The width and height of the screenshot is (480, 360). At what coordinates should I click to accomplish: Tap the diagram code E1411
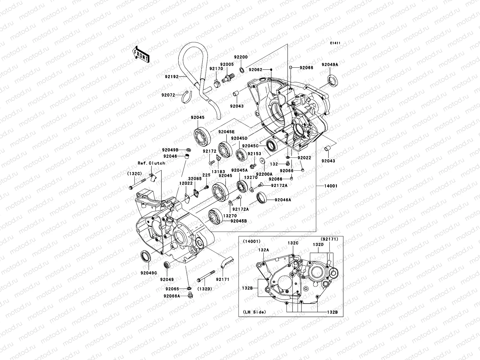tap(335, 43)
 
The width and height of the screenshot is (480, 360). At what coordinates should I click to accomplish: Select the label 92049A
tap(330, 64)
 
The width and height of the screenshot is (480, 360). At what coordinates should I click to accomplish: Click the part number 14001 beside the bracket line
tap(331, 186)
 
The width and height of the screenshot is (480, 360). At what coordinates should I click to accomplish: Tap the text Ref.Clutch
tap(151, 163)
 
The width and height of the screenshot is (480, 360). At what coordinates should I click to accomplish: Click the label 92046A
tap(283, 199)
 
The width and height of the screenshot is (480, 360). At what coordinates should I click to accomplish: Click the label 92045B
tap(238, 221)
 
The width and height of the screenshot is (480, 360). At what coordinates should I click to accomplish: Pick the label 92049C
tap(149, 273)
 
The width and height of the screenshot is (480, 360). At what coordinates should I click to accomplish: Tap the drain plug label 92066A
tap(172, 296)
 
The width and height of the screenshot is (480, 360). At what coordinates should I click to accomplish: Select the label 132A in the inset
tap(263, 250)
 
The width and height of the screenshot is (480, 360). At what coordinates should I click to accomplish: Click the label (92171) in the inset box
tap(329, 239)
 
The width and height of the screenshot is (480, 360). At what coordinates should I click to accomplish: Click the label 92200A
tap(264, 174)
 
